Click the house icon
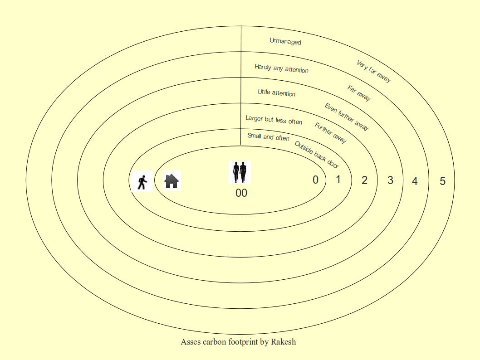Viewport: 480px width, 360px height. click(x=171, y=181)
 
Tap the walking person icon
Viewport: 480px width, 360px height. click(x=142, y=181)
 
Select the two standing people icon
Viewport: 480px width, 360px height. click(x=240, y=172)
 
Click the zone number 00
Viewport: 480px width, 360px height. click(x=241, y=193)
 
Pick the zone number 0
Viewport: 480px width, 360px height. click(x=315, y=180)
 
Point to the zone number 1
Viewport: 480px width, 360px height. click(x=338, y=180)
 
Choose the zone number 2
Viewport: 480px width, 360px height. click(x=364, y=180)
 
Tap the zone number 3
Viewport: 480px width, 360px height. click(x=390, y=180)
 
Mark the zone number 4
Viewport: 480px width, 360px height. click(x=415, y=181)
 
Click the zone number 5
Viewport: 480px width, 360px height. click(x=442, y=181)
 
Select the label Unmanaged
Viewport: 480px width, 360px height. click(x=285, y=41)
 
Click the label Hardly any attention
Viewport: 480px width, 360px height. click(x=281, y=68)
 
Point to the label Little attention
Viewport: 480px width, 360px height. click(x=276, y=92)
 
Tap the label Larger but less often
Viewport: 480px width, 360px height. click(x=274, y=120)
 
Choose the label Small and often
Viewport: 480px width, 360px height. click(x=268, y=137)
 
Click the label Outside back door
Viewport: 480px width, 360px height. click(x=317, y=155)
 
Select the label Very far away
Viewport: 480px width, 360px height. click(x=374, y=71)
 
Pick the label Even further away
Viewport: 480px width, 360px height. click(x=347, y=117)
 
